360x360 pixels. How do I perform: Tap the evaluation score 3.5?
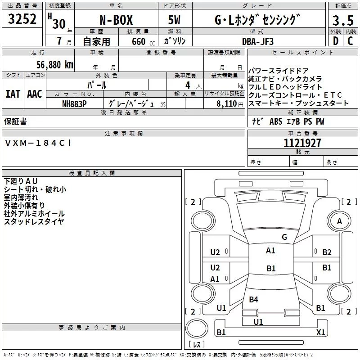[x=342, y=21]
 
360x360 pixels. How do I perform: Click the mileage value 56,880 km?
[x=49, y=64]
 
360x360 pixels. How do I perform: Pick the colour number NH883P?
[x=74, y=103]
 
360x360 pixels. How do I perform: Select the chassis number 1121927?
[x=303, y=143]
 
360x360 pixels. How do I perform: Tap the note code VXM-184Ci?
[x=38, y=143]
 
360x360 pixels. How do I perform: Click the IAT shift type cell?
[x=13, y=94]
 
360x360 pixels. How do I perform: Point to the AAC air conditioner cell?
[x=35, y=94]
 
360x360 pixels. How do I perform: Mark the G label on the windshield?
[x=284, y=237]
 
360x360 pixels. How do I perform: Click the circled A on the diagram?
[x=339, y=221]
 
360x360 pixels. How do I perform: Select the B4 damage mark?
[x=253, y=299]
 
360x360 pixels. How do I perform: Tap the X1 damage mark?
[x=320, y=332]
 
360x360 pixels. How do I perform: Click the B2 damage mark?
[x=327, y=252]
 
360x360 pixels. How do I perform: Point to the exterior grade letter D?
[x=335, y=41]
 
